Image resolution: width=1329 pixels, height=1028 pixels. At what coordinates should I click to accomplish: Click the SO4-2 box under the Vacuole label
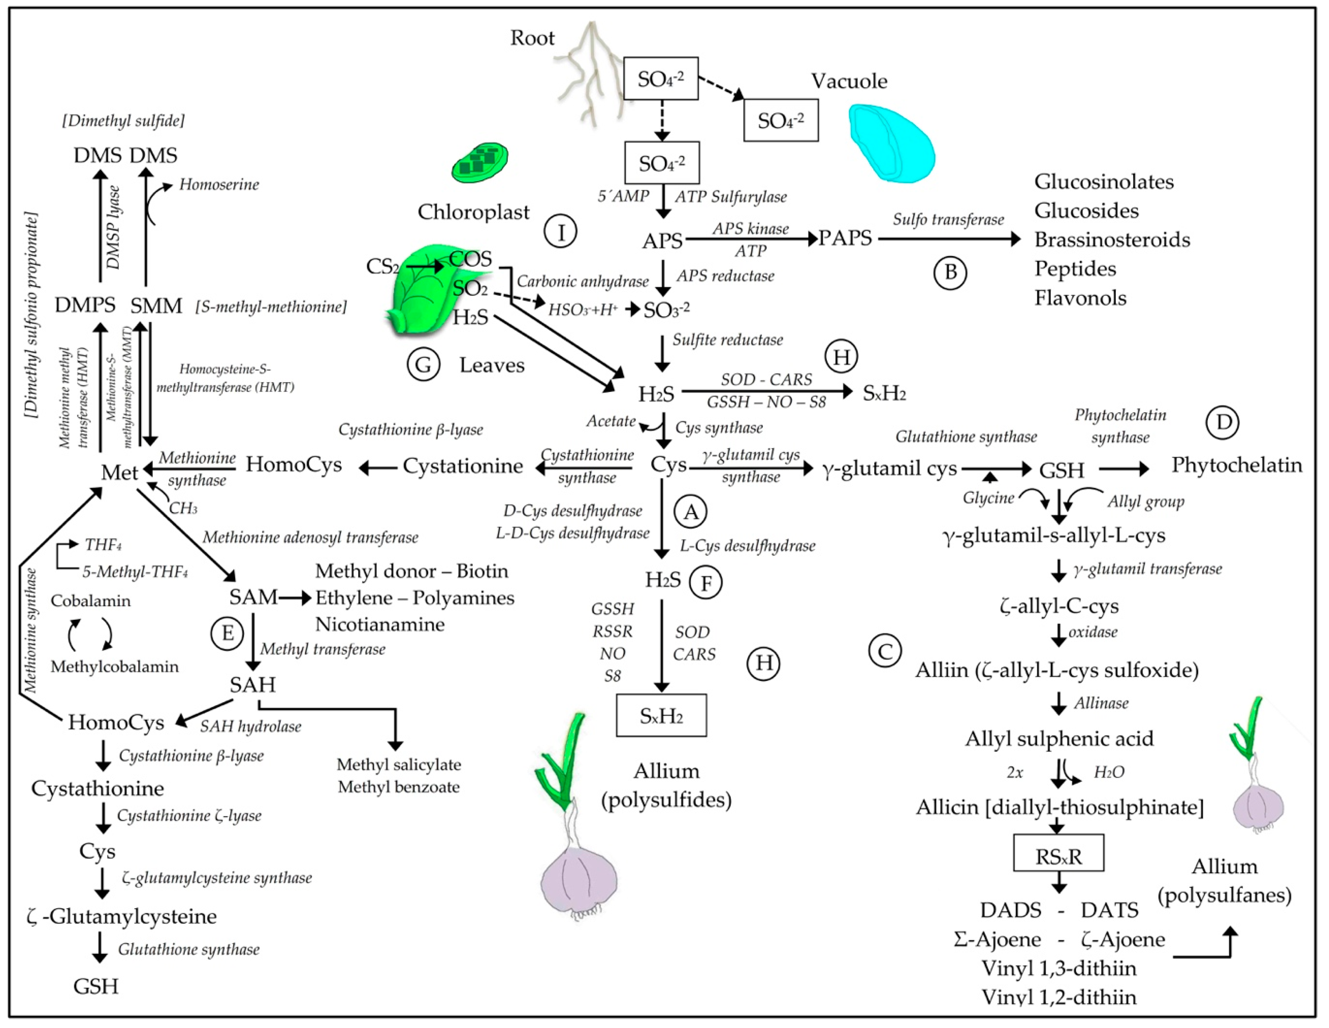coord(781,121)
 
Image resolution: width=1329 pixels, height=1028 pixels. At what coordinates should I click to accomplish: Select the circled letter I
coord(561,232)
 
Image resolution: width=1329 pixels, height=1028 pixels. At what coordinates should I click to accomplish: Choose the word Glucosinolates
coord(1104,182)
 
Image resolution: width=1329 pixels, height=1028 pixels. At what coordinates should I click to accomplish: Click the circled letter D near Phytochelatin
coord(1223,422)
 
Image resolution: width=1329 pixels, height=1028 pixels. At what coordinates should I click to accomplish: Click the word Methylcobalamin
coord(114,667)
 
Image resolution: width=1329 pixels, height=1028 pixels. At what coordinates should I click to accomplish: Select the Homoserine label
coord(219,185)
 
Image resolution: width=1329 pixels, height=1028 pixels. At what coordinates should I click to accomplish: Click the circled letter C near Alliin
coord(885,652)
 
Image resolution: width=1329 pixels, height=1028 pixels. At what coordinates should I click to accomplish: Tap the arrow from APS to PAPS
coord(751,240)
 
